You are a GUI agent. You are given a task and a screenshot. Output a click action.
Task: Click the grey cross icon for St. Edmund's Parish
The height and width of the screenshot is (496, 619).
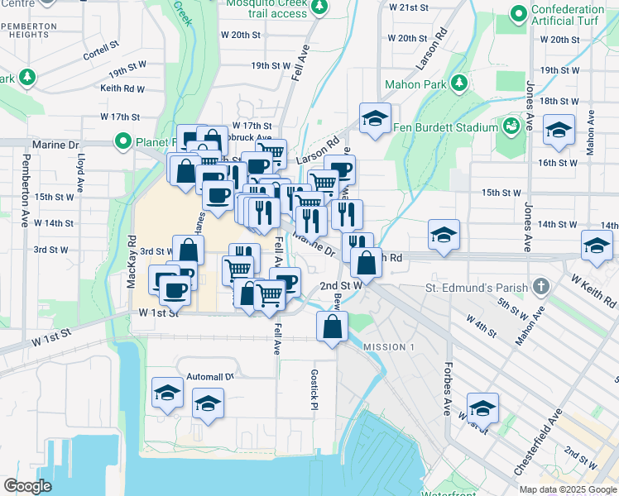tap(541, 287)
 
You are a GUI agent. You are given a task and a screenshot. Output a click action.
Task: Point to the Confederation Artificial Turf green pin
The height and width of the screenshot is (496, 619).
tap(519, 13)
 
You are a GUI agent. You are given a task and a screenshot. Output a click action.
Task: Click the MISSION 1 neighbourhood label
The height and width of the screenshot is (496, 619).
tap(388, 346)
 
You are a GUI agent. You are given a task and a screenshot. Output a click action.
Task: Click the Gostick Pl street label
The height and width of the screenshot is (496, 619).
tap(314, 385)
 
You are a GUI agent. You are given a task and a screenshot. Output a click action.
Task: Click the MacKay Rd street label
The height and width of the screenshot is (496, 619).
tap(131, 260)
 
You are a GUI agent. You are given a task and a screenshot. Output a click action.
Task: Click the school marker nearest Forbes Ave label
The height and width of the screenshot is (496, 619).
tap(482, 408)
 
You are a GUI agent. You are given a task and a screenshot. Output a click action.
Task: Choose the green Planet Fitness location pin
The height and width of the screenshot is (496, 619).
tap(124, 141)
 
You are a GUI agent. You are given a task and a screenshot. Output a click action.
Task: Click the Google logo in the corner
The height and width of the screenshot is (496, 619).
tap(27, 486)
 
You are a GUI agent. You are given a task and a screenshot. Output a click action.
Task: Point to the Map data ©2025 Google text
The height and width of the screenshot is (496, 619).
tap(568, 489)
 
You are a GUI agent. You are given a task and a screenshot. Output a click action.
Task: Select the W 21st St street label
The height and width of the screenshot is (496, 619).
tap(409, 7)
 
